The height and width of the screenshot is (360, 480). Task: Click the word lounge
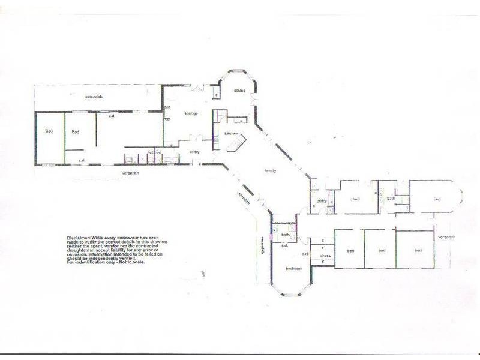tap(191, 113)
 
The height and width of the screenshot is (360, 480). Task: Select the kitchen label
tap(231, 133)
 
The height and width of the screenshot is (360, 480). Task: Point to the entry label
tap(194, 152)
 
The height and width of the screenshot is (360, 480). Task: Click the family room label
tap(271, 172)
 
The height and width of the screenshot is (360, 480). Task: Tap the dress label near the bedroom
tap(325, 256)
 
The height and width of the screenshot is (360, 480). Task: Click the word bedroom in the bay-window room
tap(293, 268)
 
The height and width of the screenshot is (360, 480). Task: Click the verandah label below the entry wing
tap(131, 173)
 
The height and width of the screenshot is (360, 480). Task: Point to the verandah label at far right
tap(447, 237)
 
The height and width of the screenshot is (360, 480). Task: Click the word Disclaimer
tap(80, 239)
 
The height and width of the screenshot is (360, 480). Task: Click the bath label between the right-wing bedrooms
tap(391, 198)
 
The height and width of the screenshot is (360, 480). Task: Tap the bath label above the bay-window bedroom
tap(286, 235)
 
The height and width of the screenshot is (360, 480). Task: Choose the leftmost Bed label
tap(49, 131)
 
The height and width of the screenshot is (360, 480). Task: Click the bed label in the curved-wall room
tap(437, 199)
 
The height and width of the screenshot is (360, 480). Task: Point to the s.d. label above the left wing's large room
tap(112, 116)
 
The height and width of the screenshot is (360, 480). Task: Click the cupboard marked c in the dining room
tap(215, 95)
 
